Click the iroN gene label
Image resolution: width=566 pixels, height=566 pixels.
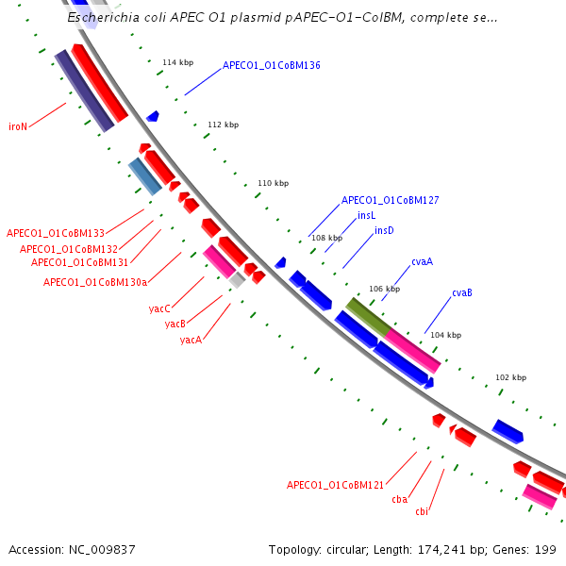point(18,126)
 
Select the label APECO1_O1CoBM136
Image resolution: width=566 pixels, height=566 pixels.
point(272,66)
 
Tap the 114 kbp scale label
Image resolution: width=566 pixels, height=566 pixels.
point(177,62)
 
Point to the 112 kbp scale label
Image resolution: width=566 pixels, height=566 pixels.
point(224,125)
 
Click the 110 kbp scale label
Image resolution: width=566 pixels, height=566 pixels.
point(273,183)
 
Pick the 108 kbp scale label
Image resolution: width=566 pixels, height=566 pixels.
point(326,238)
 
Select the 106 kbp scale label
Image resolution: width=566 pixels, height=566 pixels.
point(384,289)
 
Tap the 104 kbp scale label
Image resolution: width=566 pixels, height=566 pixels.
point(445,335)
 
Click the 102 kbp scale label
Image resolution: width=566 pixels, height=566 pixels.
point(511,377)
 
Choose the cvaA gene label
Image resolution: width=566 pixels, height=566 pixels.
point(422,261)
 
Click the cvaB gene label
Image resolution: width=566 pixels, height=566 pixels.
point(461,292)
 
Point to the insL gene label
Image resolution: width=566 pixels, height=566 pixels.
point(366,215)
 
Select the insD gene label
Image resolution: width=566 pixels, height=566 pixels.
point(384,230)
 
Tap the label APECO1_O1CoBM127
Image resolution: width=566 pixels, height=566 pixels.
point(390,200)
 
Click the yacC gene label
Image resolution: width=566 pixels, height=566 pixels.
point(159,308)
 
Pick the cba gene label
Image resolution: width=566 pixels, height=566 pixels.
point(399,499)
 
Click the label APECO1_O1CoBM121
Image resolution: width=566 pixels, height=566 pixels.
point(335,485)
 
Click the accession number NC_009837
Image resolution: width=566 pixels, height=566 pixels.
point(97,549)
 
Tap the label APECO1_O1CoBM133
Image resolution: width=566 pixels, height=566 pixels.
point(55,233)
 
